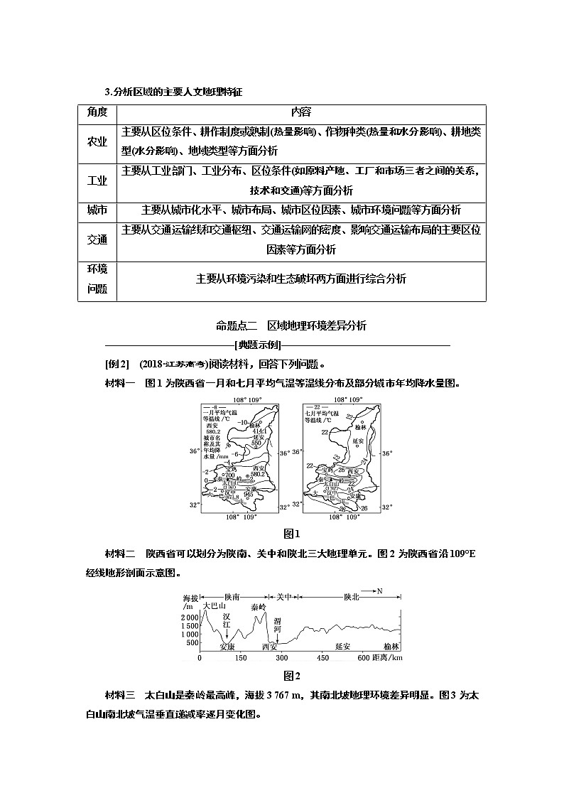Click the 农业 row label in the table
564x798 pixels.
coord(97,141)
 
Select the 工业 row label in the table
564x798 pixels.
coord(97,180)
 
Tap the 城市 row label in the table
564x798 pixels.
coord(97,210)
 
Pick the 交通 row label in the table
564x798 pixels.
coord(97,239)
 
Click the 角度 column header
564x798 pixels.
coord(97,112)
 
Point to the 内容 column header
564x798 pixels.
coord(300,112)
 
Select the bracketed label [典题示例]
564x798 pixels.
coord(281,345)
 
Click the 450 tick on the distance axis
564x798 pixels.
coord(323,658)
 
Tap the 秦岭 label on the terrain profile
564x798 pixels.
coord(259,606)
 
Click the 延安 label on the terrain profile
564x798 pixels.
coord(342,647)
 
